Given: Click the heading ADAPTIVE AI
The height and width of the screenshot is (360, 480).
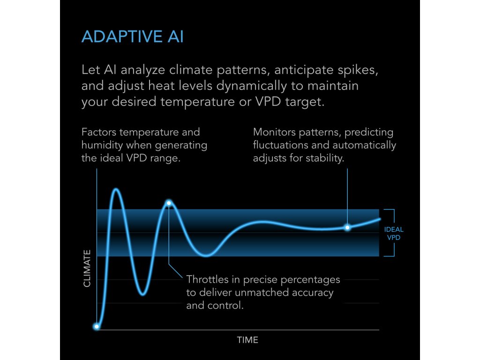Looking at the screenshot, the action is pyautogui.click(x=133, y=37).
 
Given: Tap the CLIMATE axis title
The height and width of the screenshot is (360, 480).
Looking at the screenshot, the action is pyautogui.click(x=87, y=269).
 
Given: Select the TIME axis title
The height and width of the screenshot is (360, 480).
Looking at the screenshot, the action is pyautogui.click(x=247, y=340).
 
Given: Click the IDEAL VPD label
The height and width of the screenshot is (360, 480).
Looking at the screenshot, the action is pyautogui.click(x=394, y=233).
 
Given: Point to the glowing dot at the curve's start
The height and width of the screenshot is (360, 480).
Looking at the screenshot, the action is pyautogui.click(x=97, y=327).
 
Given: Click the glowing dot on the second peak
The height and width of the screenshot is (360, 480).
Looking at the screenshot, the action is pyautogui.click(x=169, y=203).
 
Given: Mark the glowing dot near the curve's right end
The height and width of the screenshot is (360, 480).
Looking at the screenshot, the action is pyautogui.click(x=347, y=227).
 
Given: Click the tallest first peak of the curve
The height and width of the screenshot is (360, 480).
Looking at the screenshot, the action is pyautogui.click(x=116, y=190).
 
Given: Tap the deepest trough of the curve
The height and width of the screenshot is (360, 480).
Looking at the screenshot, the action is pyautogui.click(x=143, y=294).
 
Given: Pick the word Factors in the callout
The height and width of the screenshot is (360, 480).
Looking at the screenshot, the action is pyautogui.click(x=98, y=132).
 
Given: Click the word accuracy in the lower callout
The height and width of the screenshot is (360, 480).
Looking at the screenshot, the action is pyautogui.click(x=313, y=293).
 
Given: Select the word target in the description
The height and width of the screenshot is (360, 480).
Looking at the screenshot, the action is pyautogui.click(x=305, y=102).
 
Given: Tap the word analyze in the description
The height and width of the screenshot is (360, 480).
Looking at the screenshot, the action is pyautogui.click(x=142, y=70).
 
